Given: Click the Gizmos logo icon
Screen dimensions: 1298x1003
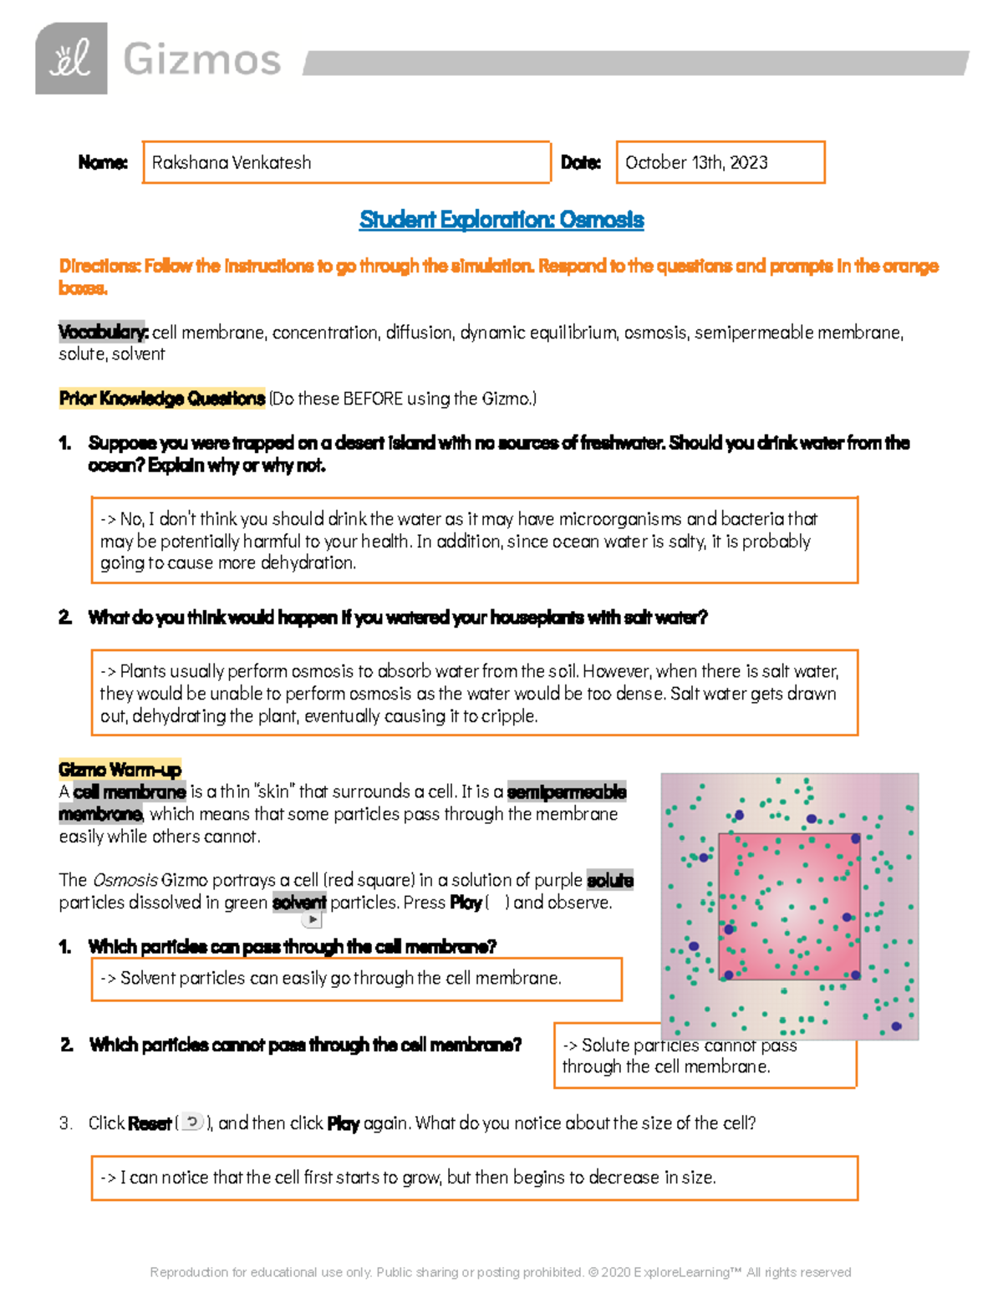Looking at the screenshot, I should pos(71,59).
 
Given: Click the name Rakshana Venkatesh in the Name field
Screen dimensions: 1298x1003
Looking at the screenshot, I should pos(232,162).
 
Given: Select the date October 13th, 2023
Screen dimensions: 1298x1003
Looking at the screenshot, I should pos(696,162).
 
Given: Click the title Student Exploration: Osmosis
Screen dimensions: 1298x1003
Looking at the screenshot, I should pos(501,220).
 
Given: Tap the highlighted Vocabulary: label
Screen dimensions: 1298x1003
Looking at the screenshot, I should pos(103,332).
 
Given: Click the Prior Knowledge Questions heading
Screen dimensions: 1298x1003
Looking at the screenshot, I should pos(161,399).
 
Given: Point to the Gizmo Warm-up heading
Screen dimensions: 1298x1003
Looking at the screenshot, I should pos(120,769).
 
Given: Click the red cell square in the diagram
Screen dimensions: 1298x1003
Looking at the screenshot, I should pos(789,906).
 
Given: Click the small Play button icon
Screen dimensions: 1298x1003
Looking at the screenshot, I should pos(312,919).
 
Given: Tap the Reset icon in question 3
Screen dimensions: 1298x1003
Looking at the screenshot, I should pos(192,1122).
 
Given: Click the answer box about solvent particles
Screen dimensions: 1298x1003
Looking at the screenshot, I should pos(356,979).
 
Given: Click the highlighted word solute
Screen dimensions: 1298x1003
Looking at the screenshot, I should pos(610,880).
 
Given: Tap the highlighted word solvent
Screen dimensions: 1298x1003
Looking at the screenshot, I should pos(299,903).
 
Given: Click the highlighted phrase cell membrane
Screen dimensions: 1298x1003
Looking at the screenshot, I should pos(130,792).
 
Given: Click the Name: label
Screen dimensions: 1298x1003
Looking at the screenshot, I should pos(103,162).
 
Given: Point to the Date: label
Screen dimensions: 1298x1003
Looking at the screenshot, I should pos(580,162).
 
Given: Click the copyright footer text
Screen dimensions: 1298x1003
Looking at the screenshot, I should pos(500,1272).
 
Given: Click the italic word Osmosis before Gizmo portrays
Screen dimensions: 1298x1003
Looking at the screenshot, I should pos(125,880).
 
